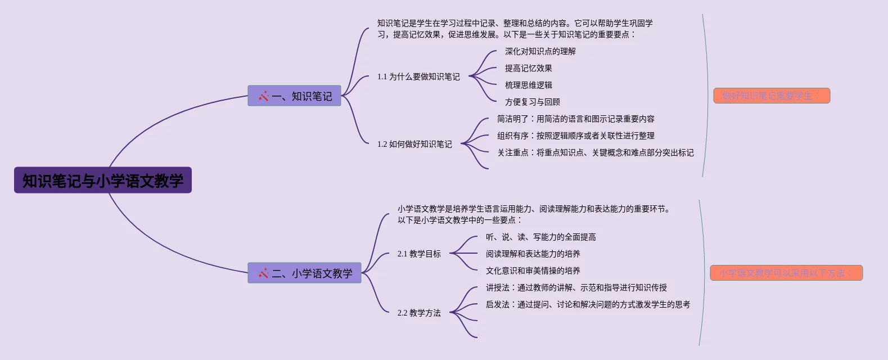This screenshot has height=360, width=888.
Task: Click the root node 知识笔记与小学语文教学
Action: tap(103, 181)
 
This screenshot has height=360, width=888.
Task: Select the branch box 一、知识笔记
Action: tap(294, 96)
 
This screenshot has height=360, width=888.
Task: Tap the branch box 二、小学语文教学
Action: tap(304, 273)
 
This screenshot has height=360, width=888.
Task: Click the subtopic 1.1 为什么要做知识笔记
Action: tap(418, 76)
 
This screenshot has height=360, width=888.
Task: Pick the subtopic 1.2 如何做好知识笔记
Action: tap(414, 144)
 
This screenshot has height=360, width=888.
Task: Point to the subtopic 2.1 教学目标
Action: tap(419, 254)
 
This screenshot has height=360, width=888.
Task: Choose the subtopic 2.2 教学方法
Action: tap(419, 313)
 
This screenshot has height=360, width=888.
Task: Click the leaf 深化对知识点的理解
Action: tap(540, 51)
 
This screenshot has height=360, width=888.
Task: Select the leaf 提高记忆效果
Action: tap(528, 68)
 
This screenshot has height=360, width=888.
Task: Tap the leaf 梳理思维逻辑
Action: tap(528, 85)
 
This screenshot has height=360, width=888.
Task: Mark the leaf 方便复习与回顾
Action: tap(532, 102)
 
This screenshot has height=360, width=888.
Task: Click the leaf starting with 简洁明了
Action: tap(575, 119)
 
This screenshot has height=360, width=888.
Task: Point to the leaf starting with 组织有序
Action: tap(575, 136)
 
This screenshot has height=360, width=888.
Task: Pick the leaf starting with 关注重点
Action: tap(595, 152)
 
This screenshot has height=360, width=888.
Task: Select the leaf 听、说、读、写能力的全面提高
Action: tap(540, 237)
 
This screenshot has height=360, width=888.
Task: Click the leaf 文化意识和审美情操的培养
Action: tap(533, 271)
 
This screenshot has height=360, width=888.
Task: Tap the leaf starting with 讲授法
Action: tap(576, 287)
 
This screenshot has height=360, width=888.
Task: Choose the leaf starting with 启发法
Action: tap(588, 304)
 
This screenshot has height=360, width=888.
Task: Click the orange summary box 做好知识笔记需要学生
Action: tap(772, 96)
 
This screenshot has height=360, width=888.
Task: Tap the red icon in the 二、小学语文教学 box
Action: tap(263, 273)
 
